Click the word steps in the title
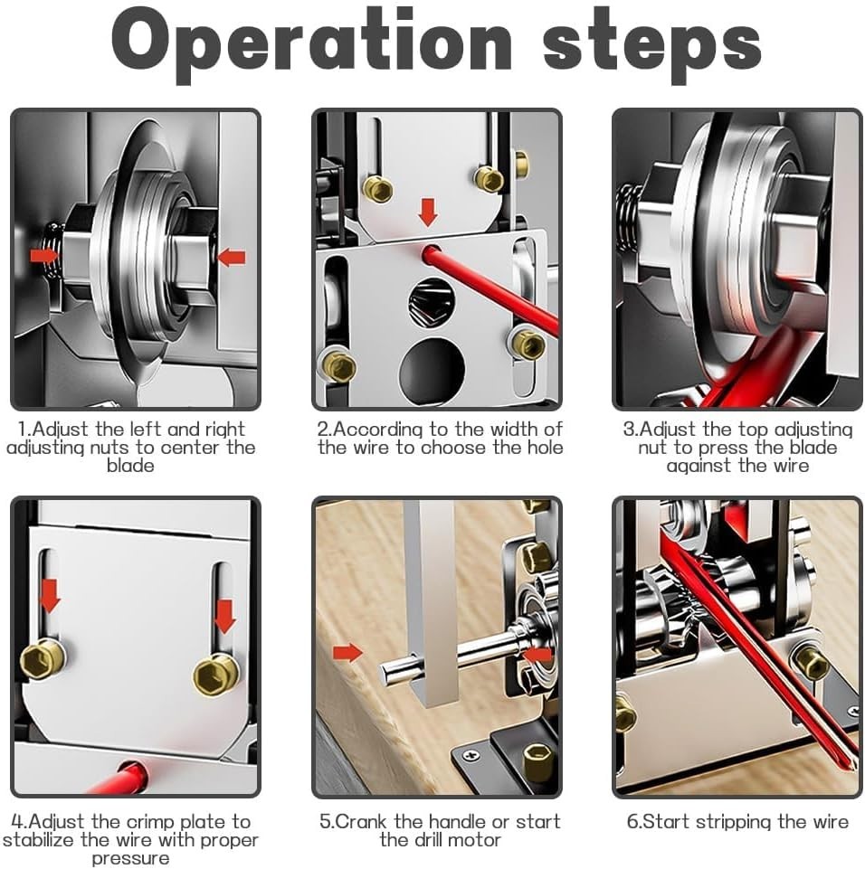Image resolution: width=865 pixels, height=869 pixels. click(651, 42)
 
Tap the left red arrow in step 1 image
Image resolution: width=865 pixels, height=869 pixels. click(43, 256)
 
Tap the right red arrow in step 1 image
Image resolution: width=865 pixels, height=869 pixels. click(232, 258)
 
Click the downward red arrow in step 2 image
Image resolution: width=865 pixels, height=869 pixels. click(428, 213)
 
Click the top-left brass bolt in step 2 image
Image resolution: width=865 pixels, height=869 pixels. click(377, 188)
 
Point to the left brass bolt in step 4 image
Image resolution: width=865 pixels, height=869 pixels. click(43, 661)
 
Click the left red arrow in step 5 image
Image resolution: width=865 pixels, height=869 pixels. click(347, 652)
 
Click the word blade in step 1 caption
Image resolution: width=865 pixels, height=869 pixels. click(130, 466)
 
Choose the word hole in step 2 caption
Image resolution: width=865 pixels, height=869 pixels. click(542, 448)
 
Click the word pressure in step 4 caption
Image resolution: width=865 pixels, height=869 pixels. click(130, 858)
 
